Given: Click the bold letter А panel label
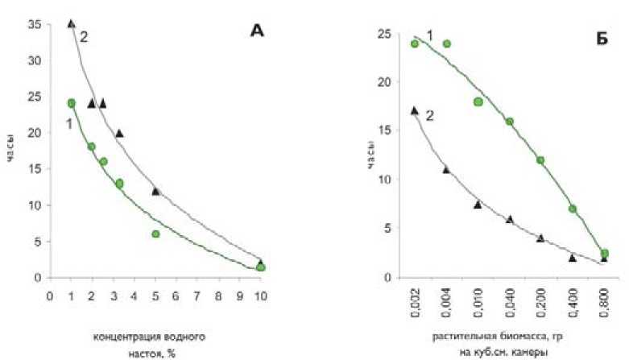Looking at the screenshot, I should [x=256, y=31].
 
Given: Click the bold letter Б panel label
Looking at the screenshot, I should [x=602, y=37].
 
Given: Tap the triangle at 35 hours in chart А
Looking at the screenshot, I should [x=71, y=23].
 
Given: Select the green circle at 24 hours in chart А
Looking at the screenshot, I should [x=71, y=103].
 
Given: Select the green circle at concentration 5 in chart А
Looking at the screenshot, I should [x=155, y=234].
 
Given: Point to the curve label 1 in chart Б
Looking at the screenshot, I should [x=429, y=34].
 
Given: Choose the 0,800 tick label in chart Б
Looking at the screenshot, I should [x=604, y=302].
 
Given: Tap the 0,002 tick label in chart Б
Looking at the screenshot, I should [x=414, y=302].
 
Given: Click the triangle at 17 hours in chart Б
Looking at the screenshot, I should [x=414, y=110].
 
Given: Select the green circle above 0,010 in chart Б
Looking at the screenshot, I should [x=478, y=101].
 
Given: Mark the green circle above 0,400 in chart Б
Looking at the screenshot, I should [x=573, y=209].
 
